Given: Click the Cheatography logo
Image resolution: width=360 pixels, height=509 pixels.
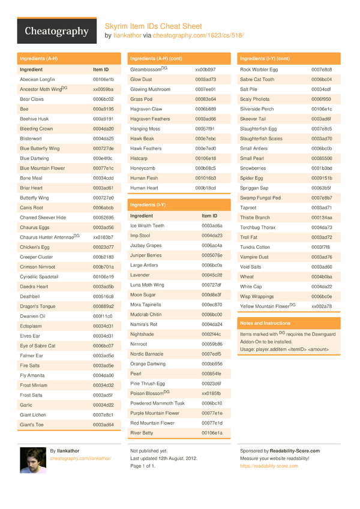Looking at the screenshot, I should click(x=56, y=32).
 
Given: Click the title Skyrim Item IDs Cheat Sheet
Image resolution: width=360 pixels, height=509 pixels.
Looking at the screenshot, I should click(x=154, y=26).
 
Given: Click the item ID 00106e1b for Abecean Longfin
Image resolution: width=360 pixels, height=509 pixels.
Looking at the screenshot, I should click(x=103, y=79).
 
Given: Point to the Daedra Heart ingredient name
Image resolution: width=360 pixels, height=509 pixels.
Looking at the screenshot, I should click(x=33, y=287).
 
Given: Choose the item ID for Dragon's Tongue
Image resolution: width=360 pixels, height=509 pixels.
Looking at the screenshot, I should click(x=103, y=306).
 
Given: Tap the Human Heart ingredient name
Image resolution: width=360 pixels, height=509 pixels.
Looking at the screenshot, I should click(x=144, y=188).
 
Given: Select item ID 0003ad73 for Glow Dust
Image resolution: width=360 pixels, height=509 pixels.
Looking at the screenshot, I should click(x=205, y=79).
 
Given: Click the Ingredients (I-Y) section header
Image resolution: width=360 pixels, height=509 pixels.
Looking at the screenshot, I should click(x=148, y=205).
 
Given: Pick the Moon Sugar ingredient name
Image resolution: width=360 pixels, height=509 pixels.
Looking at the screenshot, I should click(x=143, y=294).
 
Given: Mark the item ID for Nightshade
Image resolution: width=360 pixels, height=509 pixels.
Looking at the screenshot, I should click(x=211, y=334).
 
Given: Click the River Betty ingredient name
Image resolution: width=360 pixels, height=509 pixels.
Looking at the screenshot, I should click(x=142, y=432).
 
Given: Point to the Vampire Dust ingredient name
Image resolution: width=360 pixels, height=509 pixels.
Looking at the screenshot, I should click(x=254, y=257).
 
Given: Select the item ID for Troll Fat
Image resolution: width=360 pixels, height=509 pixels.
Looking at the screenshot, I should click(x=321, y=237).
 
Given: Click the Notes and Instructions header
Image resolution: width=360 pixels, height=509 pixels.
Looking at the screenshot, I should click(x=265, y=323).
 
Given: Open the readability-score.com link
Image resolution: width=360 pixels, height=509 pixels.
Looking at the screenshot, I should click(x=269, y=466).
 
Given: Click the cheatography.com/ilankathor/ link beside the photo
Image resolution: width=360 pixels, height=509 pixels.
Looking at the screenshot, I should click(x=80, y=458).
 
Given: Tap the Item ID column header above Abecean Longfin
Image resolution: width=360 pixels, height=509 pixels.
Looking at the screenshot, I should click(x=101, y=70).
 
